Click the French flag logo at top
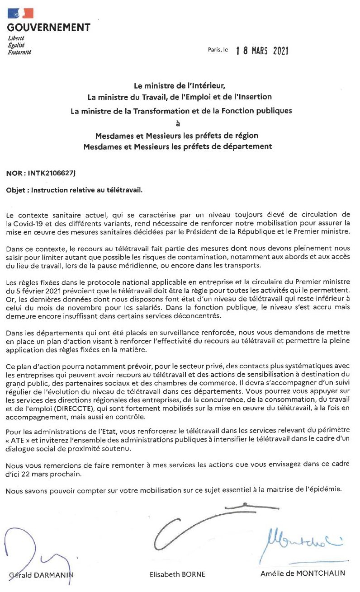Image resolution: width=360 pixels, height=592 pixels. tap(20, 13)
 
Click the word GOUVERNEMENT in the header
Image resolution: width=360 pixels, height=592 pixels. tap(48, 28)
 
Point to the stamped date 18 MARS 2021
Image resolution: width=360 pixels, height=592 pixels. tap(262, 51)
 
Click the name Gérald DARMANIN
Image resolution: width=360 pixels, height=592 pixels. tap(41, 575)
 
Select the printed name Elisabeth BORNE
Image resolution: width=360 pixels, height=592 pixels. tap(177, 574)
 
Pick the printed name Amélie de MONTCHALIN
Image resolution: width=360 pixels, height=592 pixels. tap(302, 573)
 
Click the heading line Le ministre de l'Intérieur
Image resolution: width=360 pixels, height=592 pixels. tap(180, 85)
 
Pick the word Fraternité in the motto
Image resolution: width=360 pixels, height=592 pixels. tap(19, 52)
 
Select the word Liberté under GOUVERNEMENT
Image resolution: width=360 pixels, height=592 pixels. tap(16, 38)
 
